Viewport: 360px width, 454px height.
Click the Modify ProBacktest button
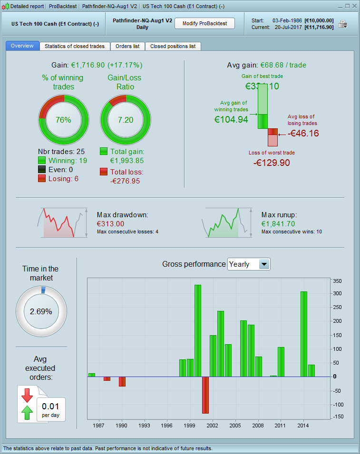204,23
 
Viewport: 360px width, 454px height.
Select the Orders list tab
127,46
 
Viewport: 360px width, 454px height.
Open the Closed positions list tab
173,46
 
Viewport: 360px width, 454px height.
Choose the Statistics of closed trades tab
75,46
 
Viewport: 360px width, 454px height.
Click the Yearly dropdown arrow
264,264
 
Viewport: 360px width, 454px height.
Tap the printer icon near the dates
342,24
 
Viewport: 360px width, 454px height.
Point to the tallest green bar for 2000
198,330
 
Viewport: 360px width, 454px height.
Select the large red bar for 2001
205,395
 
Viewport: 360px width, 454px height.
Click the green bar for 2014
304,334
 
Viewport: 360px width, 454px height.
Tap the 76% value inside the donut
63,120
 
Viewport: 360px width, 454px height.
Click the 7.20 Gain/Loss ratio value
126,120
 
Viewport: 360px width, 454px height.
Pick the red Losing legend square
42,178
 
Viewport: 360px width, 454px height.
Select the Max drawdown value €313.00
110,223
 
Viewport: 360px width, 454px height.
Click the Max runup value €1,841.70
278,223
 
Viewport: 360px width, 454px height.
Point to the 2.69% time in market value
42,312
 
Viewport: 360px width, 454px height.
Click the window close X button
353,6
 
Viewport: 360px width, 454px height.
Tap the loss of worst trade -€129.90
272,163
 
